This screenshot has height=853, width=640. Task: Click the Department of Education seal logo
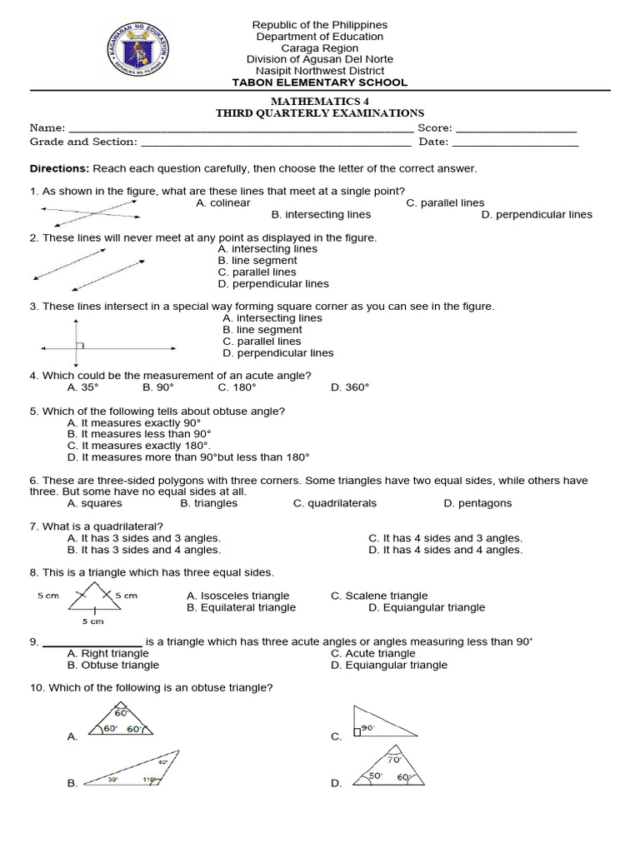coord(139,49)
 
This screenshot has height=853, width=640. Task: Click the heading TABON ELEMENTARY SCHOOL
coord(320,82)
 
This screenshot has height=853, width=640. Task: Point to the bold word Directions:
coord(59,168)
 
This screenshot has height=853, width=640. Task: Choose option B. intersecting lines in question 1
coord(321,214)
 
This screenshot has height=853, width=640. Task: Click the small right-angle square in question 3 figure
coord(79,345)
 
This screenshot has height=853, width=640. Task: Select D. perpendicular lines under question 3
coord(277,352)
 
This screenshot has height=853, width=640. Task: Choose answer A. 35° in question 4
coord(82,387)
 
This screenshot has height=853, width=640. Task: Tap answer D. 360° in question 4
coord(349,387)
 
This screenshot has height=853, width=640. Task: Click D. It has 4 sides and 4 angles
coord(445,550)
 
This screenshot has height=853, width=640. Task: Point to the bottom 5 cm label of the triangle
coord(92,621)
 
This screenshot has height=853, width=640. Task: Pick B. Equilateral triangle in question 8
coord(241,607)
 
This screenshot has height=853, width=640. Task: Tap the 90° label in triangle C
coord(367,727)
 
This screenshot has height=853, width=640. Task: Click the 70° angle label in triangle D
coord(394,759)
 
